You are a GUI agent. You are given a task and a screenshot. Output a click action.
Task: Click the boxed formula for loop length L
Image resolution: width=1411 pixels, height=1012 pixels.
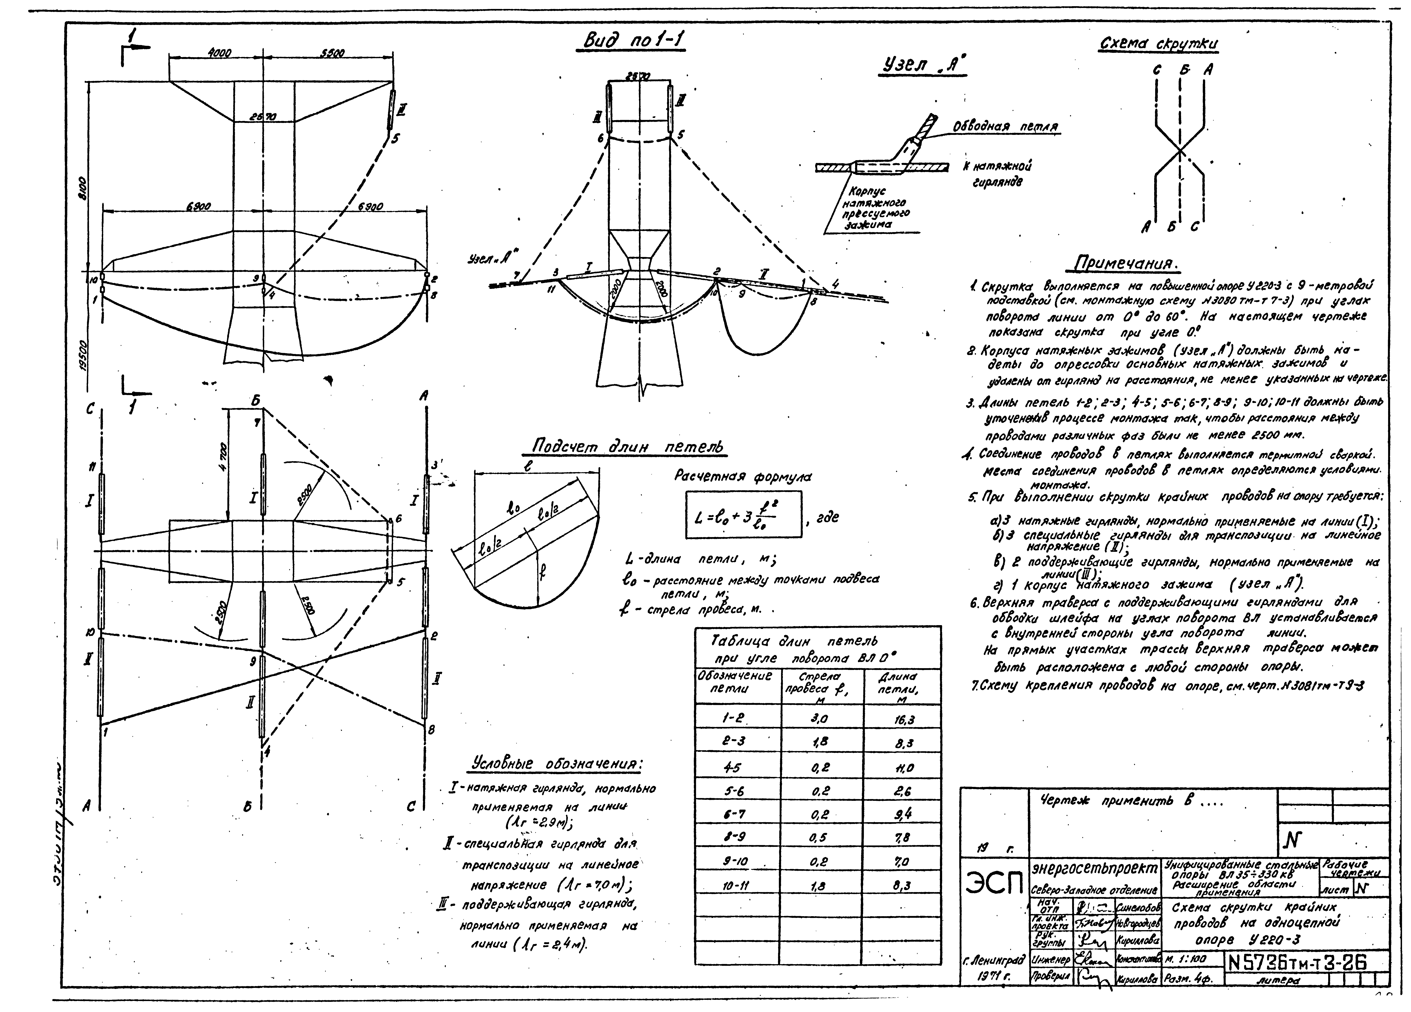pyautogui.click(x=743, y=514)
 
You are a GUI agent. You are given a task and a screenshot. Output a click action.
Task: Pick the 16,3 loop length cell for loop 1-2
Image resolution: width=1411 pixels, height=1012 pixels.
pyautogui.click(x=902, y=720)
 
